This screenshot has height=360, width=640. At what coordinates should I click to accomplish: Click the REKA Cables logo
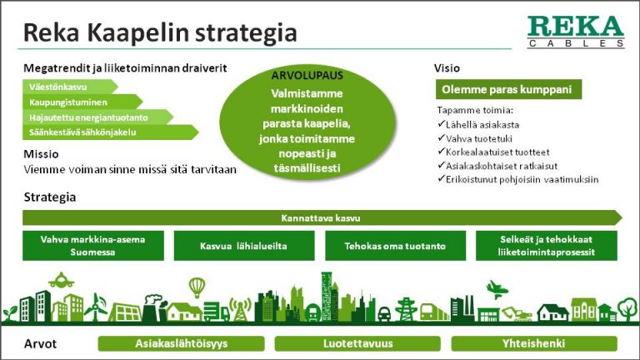pos(576,32)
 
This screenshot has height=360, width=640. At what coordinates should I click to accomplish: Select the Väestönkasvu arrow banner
pos(70,87)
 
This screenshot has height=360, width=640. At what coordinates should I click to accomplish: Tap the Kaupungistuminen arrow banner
pos(82,102)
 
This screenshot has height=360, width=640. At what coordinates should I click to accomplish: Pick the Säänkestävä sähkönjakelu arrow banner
pos(110,132)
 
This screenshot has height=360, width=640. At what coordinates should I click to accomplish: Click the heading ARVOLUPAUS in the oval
pos(307,76)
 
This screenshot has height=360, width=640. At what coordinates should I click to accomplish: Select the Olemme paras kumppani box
pos(508,89)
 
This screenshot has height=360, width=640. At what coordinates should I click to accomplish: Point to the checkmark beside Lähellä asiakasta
pos(441,123)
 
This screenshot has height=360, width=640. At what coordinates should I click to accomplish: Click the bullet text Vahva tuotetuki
pos(479,139)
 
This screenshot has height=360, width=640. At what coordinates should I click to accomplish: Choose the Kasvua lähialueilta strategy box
pos(244,246)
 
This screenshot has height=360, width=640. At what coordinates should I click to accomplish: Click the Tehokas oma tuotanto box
pos(395,246)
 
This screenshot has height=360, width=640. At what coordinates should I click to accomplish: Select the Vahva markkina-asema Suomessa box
pos(93,246)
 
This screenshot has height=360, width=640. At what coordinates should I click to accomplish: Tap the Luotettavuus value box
pos(357,343)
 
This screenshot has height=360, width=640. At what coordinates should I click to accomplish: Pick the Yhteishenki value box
pos(534,343)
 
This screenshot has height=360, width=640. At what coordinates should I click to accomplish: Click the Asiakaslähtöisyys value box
pos(181,343)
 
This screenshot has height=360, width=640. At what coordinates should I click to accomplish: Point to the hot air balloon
pos(197,287)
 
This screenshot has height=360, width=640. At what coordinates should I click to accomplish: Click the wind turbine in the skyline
pos(96,307)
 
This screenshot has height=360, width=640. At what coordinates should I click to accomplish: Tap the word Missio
pos(41,154)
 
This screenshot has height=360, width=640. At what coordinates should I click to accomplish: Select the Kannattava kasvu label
pos(321,218)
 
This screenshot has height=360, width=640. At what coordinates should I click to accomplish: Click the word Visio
pos(447,68)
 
